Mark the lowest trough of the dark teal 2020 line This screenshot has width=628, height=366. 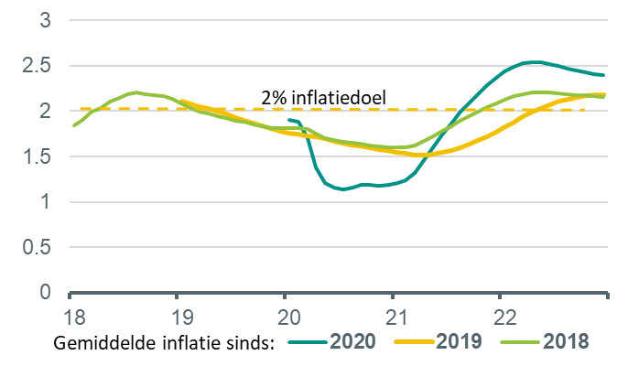pyautogui.click(x=342, y=189)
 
